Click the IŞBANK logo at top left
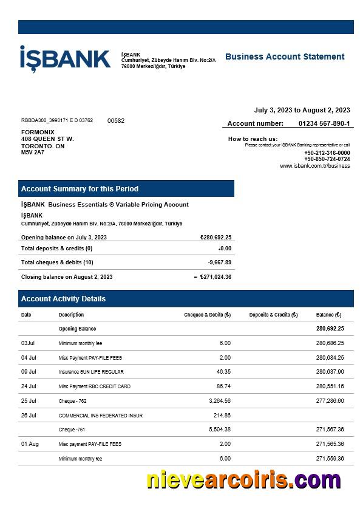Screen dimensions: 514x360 pos(65,59)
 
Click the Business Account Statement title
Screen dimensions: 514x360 pos(285,57)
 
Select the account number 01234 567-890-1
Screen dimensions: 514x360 pos(324,123)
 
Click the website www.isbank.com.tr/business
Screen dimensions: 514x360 pos(314,166)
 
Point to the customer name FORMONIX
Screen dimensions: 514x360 pos(38,132)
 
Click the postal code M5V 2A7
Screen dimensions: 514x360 pos(33,152)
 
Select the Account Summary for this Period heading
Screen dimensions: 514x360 pos(80,188)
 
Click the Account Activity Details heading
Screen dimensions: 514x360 pos(63,298)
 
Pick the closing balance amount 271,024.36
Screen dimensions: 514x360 pos(215,277)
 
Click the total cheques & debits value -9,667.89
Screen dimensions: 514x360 pos(219,262)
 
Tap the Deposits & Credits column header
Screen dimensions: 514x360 pos(273,315)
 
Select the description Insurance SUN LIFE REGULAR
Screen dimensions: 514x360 pos(91,372)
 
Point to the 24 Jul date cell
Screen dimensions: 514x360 pos(29,386)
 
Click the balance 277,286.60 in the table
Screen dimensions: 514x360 pos(330,401)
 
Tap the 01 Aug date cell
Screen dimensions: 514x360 pos(30,444)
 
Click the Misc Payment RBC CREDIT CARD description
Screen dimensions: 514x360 pos(94,386)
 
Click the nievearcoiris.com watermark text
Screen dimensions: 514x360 pos(243,480)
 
